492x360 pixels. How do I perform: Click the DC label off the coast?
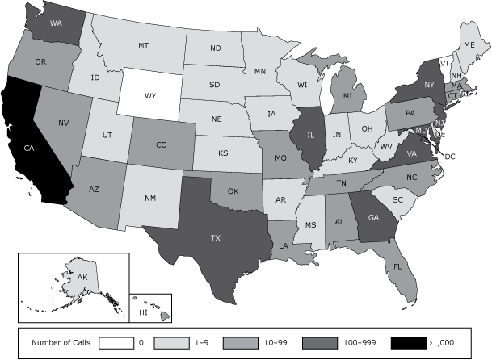coord(450,155)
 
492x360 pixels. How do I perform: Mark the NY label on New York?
coord(429,84)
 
